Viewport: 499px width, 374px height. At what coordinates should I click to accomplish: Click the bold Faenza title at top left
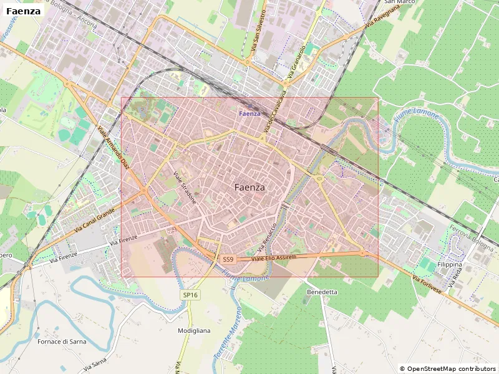[24, 11]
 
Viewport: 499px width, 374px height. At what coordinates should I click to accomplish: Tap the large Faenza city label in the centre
[249, 187]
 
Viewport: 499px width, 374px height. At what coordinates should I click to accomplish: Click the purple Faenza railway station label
[249, 113]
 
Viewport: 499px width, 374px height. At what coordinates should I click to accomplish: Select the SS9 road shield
[228, 259]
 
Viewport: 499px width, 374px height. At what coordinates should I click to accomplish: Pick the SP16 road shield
[190, 295]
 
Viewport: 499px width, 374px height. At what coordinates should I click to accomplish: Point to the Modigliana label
[194, 330]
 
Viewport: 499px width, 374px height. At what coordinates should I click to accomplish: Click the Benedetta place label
[322, 292]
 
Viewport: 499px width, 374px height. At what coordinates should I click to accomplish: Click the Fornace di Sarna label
[61, 342]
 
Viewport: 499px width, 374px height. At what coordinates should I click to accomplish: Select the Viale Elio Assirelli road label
[274, 257]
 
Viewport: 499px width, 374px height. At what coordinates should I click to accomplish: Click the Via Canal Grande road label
[94, 222]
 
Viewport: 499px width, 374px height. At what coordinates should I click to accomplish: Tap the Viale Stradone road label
[185, 188]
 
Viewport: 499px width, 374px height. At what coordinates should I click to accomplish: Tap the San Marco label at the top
[400, 2]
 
